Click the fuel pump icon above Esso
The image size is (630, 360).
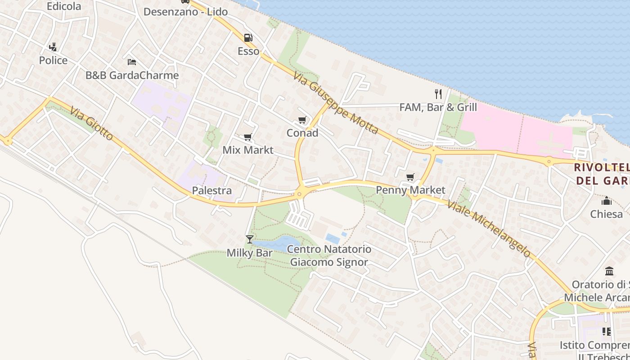click(248, 38)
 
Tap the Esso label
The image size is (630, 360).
click(248, 51)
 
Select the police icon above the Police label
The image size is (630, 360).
click(53, 47)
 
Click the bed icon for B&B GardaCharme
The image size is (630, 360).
click(132, 62)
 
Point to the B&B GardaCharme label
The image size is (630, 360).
click(132, 75)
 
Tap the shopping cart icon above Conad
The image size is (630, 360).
click(302, 120)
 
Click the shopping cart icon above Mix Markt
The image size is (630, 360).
click(247, 137)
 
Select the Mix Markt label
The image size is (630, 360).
click(248, 150)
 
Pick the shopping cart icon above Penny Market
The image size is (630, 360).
click(410, 177)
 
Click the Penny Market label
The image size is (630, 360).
click(410, 190)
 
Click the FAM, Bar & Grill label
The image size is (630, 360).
click(438, 107)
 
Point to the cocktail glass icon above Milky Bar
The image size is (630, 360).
click(250, 239)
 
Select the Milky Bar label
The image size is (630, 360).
click(249, 253)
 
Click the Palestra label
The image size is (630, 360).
click(212, 190)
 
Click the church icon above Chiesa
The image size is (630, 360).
click(607, 200)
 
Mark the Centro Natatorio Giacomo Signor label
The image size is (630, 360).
click(329, 256)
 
